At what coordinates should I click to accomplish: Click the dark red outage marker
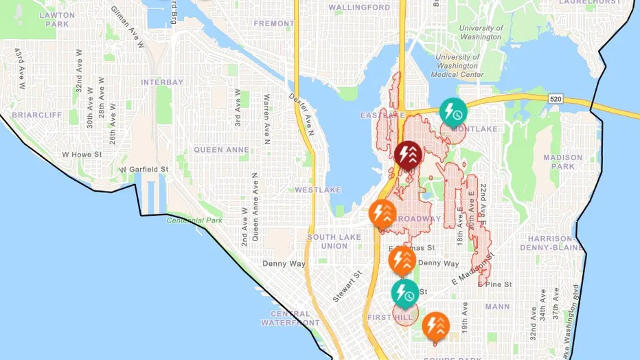click(x=409, y=154)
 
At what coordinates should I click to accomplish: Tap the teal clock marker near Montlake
click(x=453, y=111)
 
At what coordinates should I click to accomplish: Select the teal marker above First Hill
click(x=404, y=292)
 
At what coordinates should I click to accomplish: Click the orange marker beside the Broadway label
click(x=382, y=213)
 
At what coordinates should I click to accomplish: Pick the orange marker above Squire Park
click(x=435, y=326)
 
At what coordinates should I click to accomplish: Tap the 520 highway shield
click(x=556, y=100)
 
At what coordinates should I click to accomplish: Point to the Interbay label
click(x=162, y=82)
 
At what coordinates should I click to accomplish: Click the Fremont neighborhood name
click(x=273, y=23)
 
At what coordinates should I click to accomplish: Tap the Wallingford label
click(x=359, y=8)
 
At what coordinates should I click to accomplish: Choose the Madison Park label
click(x=562, y=161)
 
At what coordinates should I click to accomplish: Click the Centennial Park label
click(x=194, y=221)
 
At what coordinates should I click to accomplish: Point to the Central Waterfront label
click(x=290, y=317)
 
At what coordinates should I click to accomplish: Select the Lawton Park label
click(x=57, y=19)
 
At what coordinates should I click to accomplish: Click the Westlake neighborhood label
click(x=314, y=189)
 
